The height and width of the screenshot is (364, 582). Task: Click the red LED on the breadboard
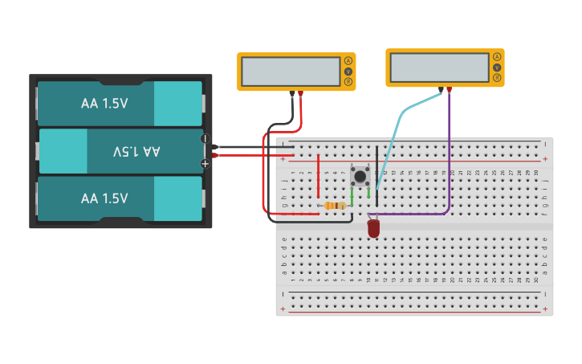point(373,229)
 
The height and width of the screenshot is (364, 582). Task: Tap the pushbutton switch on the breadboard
point(360,176)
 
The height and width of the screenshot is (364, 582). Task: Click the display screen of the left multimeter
point(291,72)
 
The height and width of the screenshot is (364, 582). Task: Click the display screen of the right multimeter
point(438,67)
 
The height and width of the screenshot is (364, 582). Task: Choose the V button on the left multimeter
point(348,72)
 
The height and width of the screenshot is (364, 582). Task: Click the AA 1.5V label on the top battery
point(104,104)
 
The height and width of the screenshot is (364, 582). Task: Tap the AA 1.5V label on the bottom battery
point(104,198)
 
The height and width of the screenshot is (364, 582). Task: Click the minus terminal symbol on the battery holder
point(205,138)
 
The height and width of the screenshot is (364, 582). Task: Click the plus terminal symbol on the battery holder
point(205,163)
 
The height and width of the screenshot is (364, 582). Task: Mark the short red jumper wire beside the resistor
point(319,177)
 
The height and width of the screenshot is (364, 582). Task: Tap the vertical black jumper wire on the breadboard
point(376,173)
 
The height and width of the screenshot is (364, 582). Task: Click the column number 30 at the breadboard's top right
point(535,173)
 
